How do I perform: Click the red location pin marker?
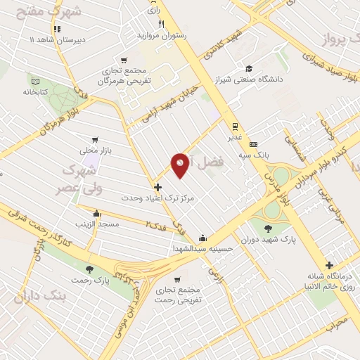181,165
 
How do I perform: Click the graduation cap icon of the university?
248,69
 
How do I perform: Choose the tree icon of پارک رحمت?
89,269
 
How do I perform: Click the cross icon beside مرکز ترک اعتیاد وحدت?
157,188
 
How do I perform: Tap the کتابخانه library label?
34,92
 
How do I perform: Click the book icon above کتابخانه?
34,79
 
